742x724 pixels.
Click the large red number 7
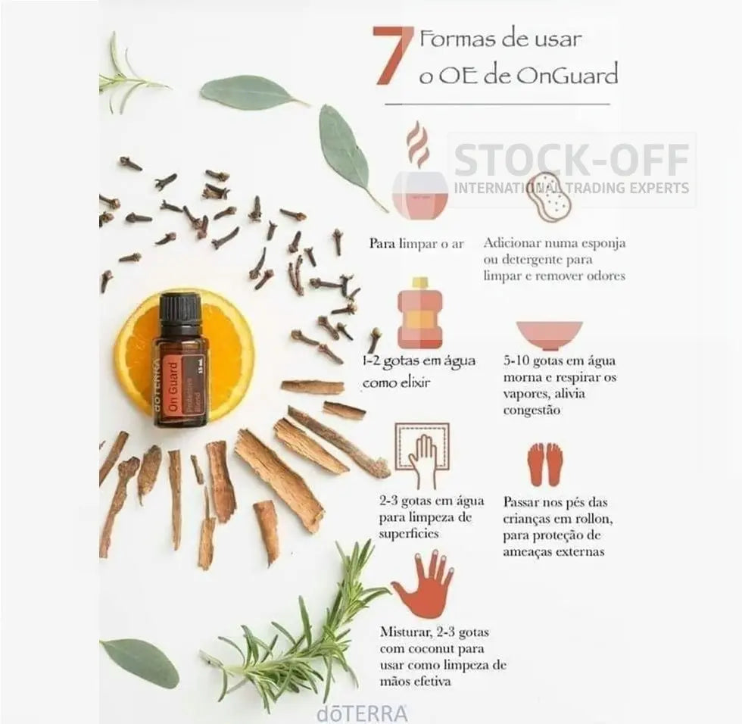391,56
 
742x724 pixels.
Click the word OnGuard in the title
567,76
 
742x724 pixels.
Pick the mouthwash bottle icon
420,312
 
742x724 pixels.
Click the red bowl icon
550,335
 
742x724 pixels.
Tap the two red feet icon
546,464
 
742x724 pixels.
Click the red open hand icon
423,584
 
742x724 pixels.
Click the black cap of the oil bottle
180,308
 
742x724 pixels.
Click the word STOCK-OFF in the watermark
571,161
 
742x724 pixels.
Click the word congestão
532,410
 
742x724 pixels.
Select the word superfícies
409,534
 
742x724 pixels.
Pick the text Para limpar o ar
416,244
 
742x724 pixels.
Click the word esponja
603,244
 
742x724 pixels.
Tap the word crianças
526,520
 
